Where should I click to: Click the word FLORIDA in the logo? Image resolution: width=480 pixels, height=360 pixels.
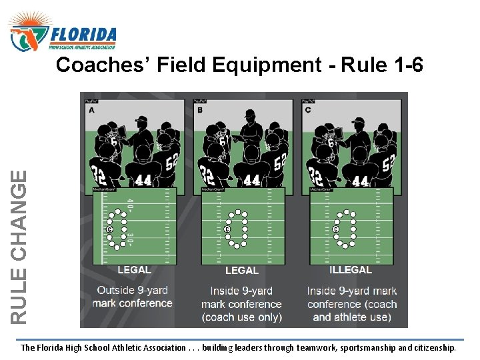click(x=84, y=34)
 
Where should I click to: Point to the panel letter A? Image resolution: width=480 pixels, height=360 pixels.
click(x=91, y=109)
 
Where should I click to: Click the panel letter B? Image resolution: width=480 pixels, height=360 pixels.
click(x=199, y=109)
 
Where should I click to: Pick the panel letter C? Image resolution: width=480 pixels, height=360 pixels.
click(x=307, y=109)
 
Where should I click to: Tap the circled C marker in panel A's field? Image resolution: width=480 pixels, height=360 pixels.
click(x=109, y=229)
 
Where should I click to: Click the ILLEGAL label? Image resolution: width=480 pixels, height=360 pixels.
click(x=351, y=270)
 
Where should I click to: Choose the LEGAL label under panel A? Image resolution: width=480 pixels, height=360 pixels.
click(x=134, y=270)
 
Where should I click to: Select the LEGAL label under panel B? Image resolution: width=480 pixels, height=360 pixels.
click(x=242, y=271)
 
